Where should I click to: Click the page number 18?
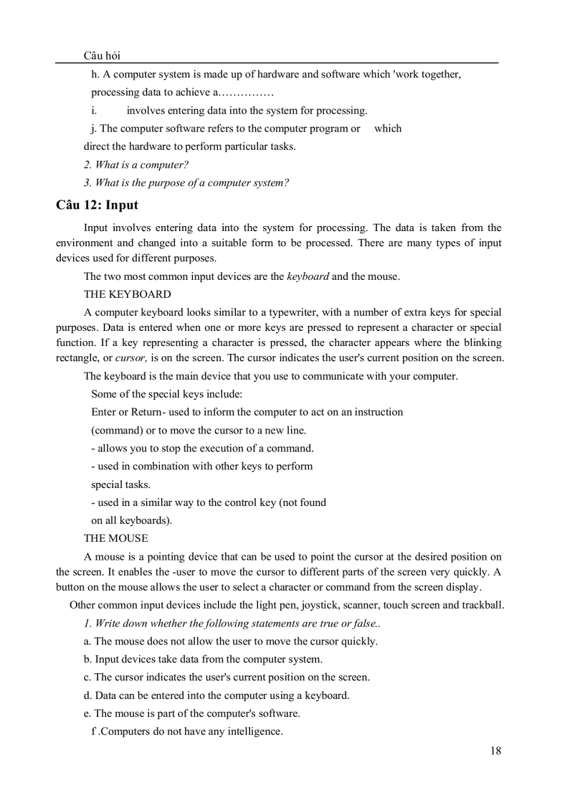495,751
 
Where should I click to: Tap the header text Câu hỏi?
101,56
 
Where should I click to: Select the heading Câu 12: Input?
97,205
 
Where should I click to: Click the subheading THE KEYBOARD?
127,294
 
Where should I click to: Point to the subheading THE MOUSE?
115,538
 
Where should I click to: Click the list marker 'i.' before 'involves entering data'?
94,111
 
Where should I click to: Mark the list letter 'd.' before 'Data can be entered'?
87,695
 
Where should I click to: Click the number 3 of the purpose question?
87,183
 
